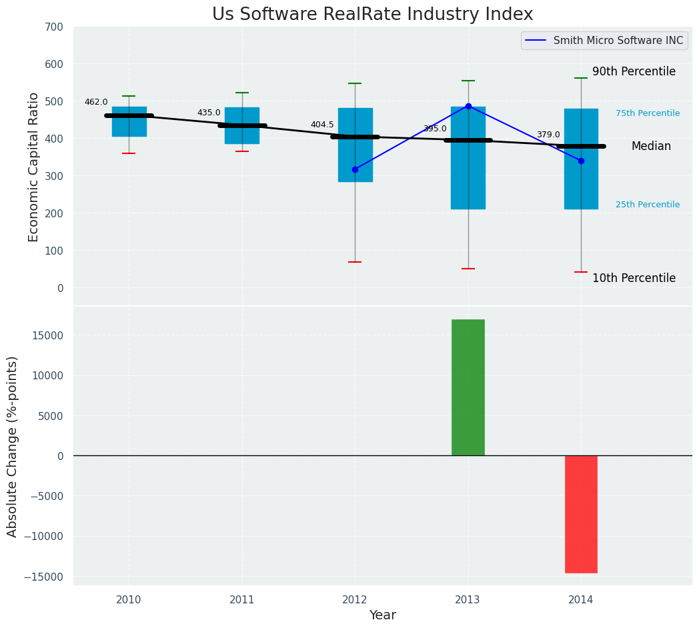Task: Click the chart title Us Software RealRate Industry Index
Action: (x=372, y=15)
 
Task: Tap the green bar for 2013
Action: (x=468, y=387)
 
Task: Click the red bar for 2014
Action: (x=581, y=514)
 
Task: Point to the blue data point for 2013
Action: (x=468, y=106)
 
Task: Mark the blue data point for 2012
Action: (x=355, y=169)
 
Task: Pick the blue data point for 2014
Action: (x=581, y=161)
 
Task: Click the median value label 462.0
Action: (x=96, y=102)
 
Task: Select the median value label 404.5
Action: (x=322, y=125)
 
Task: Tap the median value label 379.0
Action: (x=548, y=135)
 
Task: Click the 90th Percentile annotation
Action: (x=634, y=71)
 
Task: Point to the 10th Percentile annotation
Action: (x=634, y=278)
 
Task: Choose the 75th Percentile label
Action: (x=648, y=113)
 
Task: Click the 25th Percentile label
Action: (x=648, y=205)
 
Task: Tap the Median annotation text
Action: (x=651, y=146)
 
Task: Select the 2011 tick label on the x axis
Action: (x=241, y=600)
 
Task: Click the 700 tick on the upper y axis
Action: (x=55, y=27)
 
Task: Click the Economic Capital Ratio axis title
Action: (x=34, y=166)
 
